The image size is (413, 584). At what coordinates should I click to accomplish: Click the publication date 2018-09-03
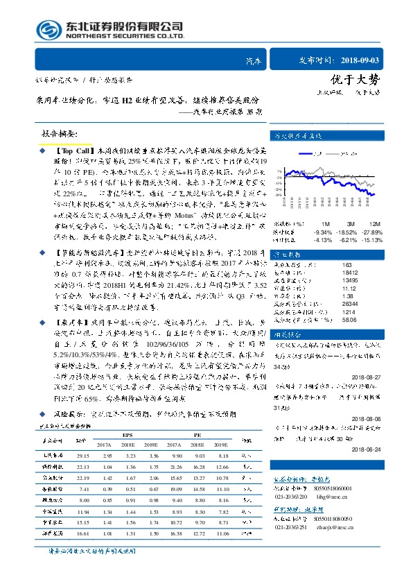(375, 61)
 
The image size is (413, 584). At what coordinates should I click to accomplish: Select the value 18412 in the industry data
(331, 273)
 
